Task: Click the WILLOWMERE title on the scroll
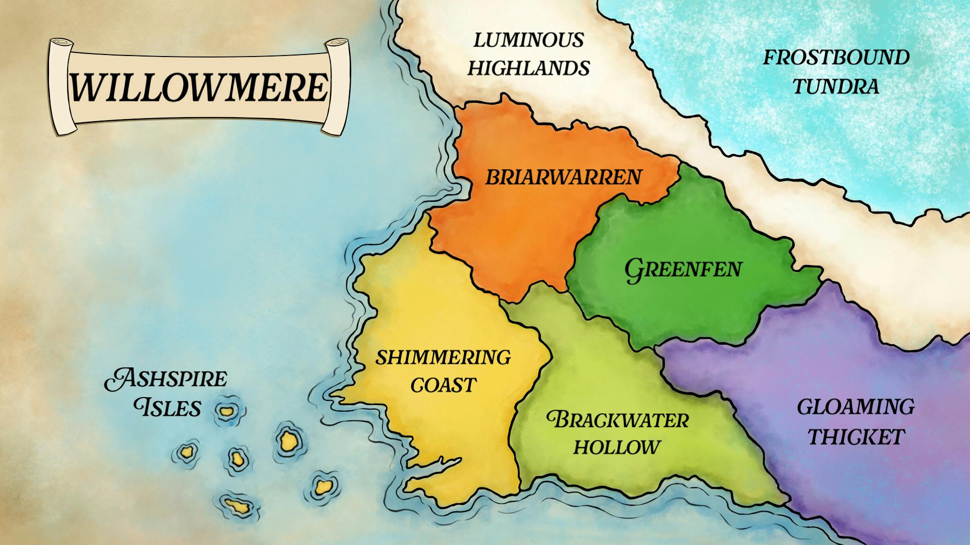[199, 87]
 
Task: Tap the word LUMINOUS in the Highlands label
[528, 40]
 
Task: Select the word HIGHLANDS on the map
[528, 68]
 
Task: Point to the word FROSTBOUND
[836, 58]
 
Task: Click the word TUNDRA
[835, 86]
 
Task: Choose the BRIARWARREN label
[563, 177]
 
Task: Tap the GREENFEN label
[683, 269]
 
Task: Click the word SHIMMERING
[443, 357]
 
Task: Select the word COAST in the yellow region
[443, 386]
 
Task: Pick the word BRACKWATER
[617, 420]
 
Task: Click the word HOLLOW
[616, 447]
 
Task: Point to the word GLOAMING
[856, 407]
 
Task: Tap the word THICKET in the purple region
[856, 437]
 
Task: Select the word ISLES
[168, 408]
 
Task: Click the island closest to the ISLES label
[225, 411]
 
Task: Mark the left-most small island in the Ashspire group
[187, 451]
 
